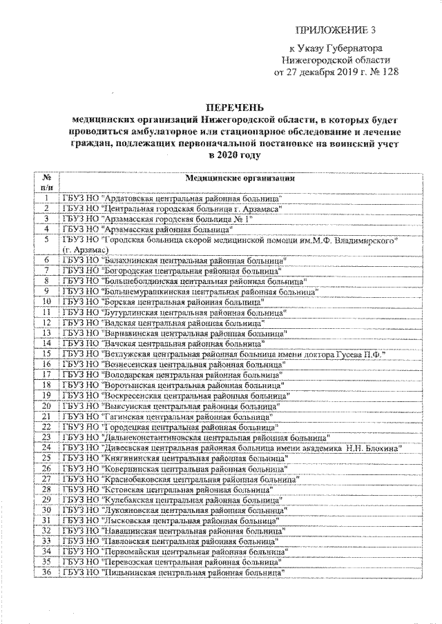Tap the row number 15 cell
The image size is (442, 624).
tap(46, 353)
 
